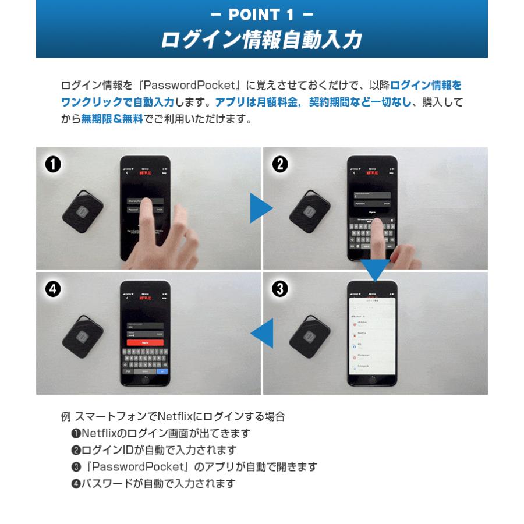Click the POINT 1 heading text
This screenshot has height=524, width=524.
pos(261,14)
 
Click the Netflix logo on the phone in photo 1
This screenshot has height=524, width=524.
pos(145,173)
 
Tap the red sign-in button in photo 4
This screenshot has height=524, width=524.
pos(145,343)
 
